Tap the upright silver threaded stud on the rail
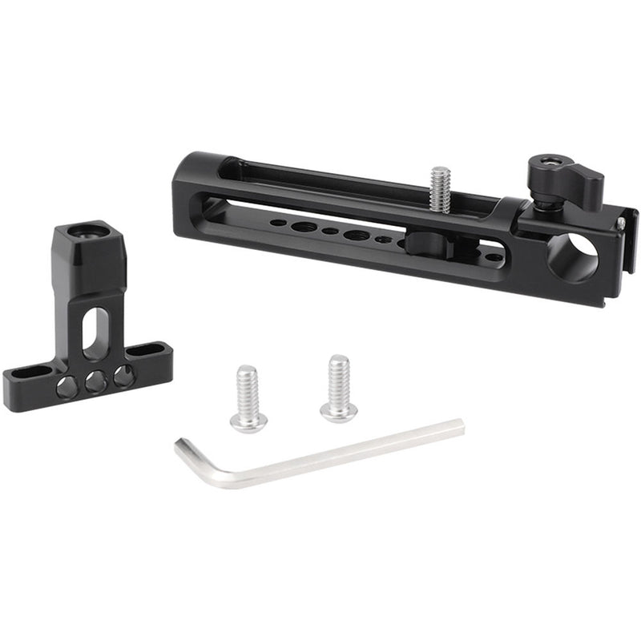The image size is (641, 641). [440, 189]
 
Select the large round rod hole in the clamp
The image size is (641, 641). [572, 257]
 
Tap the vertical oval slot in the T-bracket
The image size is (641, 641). [95, 331]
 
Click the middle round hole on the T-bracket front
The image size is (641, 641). [95, 381]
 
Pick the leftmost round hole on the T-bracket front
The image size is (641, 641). [67, 388]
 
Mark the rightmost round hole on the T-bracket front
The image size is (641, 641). [123, 375]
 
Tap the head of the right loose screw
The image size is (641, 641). [339, 410]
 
